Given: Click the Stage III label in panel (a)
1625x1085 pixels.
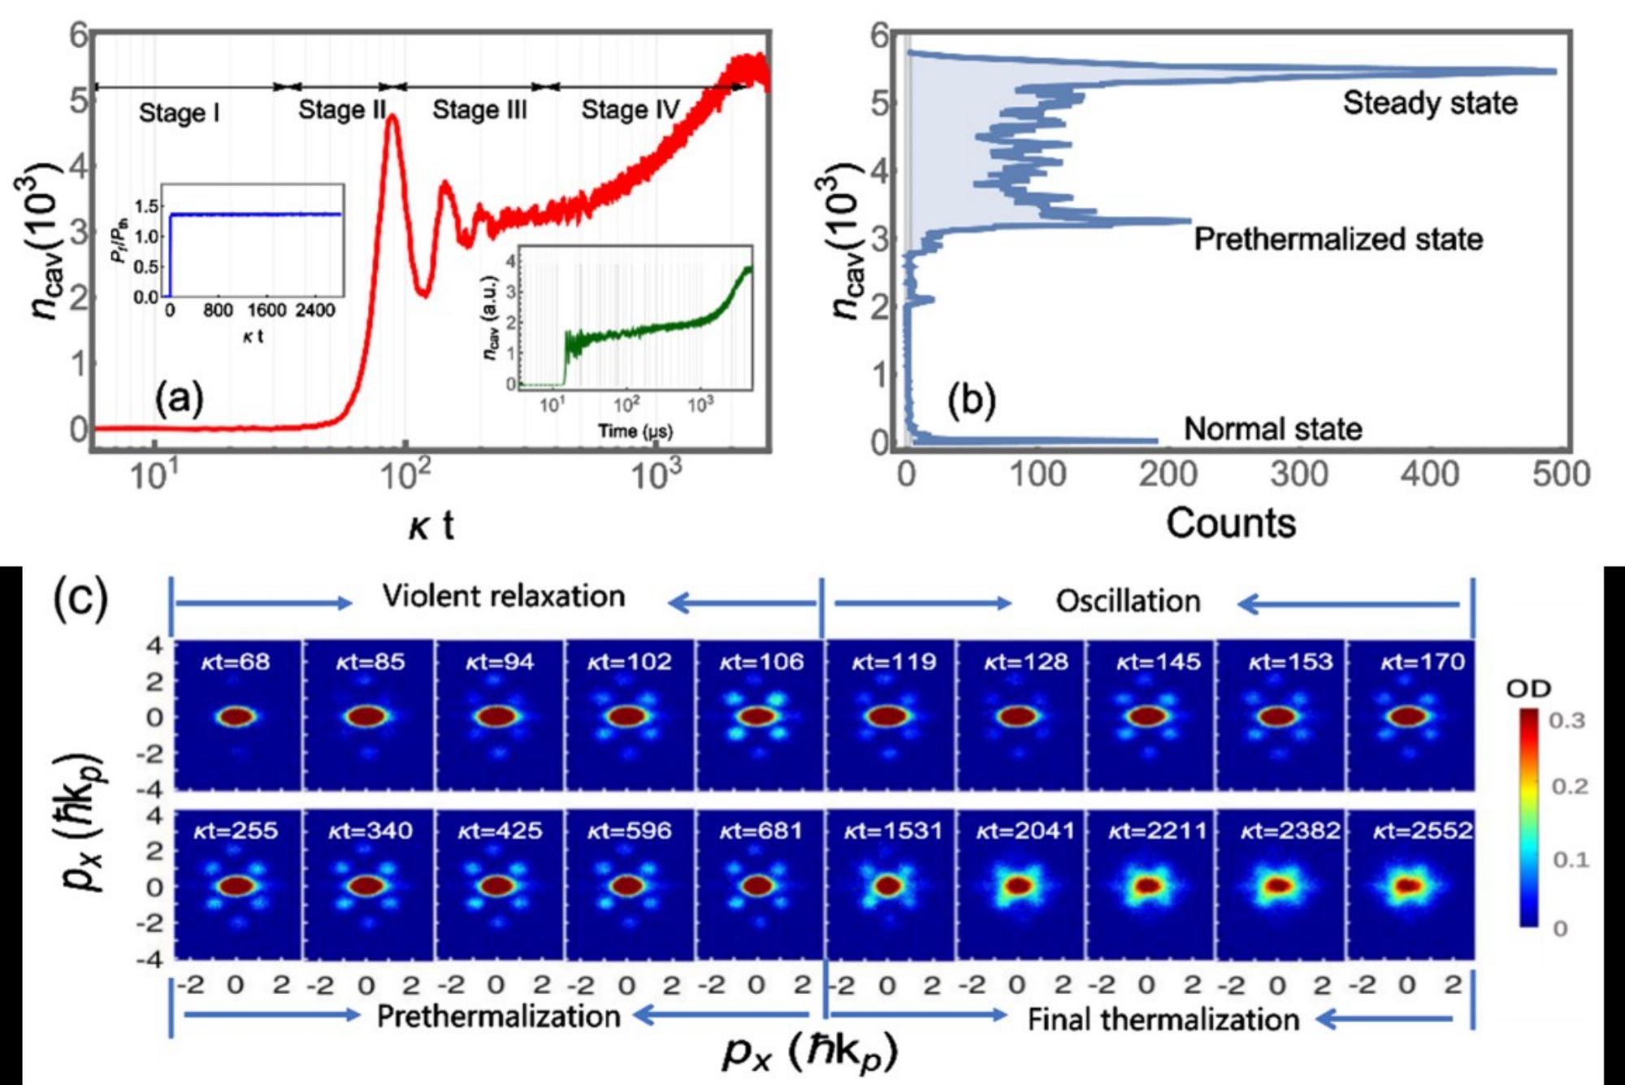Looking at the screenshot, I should (479, 110).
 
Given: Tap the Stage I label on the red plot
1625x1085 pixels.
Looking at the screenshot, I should (179, 112).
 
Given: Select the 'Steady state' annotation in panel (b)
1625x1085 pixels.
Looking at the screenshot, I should (1430, 103).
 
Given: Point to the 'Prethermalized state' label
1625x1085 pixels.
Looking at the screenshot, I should (1338, 239).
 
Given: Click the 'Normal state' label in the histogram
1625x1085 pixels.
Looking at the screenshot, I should (1272, 429).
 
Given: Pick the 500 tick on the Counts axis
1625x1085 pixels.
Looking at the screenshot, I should (1561, 474).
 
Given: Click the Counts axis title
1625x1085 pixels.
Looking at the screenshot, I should (1231, 523).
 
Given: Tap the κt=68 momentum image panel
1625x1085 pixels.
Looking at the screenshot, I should (237, 715).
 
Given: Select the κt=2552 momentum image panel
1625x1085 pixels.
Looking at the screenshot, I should (1410, 886).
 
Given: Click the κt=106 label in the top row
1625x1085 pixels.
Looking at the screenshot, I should (761, 662).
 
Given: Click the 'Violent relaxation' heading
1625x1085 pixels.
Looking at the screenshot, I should (504, 597).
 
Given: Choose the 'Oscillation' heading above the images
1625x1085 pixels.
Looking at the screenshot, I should (1128, 601).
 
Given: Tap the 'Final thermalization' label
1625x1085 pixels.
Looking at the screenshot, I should (1163, 1019).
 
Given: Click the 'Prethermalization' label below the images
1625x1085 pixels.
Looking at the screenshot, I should (498, 1016).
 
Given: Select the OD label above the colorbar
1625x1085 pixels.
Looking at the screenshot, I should (1528, 689).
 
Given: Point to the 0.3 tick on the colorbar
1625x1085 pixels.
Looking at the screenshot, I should (1567, 721).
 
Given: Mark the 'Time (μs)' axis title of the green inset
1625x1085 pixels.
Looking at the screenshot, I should (635, 431).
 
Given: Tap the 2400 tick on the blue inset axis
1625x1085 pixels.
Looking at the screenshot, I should (314, 310).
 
